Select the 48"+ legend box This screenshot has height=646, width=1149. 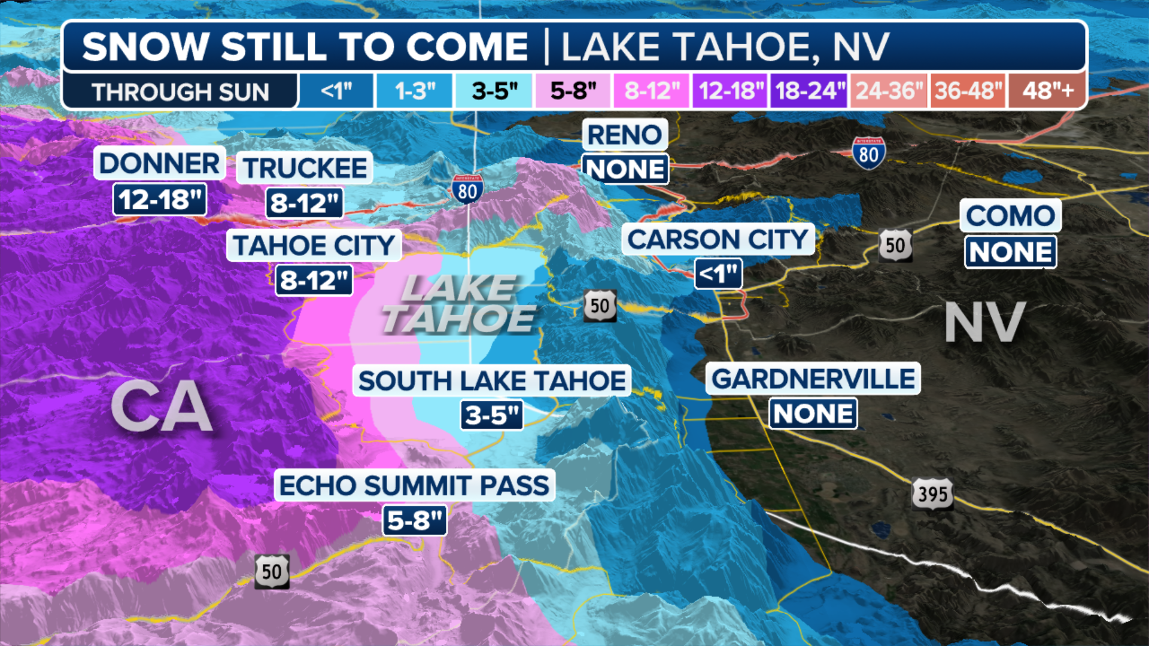coord(1048,91)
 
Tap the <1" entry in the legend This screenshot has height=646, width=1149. coord(336,91)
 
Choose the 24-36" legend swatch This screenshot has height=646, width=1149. coord(888,91)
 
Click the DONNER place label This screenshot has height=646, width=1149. coord(159,163)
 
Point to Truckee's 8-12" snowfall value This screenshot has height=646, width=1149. coord(305,203)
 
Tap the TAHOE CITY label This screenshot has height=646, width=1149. coord(314,245)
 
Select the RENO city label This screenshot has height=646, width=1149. coord(625,135)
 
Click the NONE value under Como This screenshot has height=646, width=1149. coord(1010,252)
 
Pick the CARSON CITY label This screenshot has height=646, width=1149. coord(718,239)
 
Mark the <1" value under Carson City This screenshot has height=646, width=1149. coord(718,274)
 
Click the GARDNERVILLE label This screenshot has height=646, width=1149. coord(813,379)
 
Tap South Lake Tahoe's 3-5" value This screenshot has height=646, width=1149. coord(491,415)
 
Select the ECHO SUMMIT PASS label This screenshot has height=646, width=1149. coord(414,485)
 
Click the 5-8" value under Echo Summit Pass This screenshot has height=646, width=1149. coord(414,520)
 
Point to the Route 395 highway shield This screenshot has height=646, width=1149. coord(932,494)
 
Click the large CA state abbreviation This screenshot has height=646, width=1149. coord(162,407)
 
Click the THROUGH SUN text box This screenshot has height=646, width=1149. coord(180,92)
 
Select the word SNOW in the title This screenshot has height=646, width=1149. coord(145,47)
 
